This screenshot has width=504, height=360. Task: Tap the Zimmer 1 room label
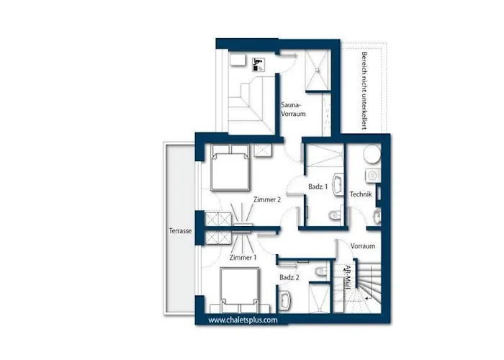[x=241, y=257]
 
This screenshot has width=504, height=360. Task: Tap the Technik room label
[x=361, y=195]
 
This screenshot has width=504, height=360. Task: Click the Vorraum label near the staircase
[x=362, y=246]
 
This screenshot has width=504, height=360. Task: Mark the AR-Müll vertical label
[x=347, y=276]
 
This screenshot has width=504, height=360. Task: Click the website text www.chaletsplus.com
[x=243, y=320]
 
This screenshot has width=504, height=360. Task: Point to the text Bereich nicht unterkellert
[x=365, y=90]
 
